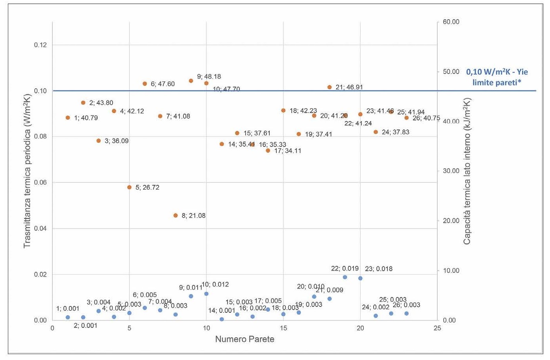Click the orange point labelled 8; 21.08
click(x=176, y=216)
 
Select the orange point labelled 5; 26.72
click(x=130, y=187)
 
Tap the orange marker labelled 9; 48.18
click(x=191, y=81)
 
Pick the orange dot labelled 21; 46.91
click(x=330, y=87)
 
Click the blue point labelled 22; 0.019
click(x=345, y=277)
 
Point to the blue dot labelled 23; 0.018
click(x=360, y=278)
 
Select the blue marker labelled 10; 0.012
click(x=206, y=294)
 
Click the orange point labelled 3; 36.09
click(x=99, y=141)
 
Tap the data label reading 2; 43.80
click(x=101, y=103)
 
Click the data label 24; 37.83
click(x=395, y=132)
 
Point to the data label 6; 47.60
click(x=163, y=84)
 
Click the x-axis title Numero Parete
click(x=244, y=339)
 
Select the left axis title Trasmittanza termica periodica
click(x=27, y=171)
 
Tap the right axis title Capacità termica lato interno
click(x=467, y=171)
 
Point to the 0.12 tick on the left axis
click(x=41, y=45)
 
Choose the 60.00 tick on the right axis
click(x=451, y=22)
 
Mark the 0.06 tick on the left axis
click(x=41, y=183)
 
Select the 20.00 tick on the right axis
click(x=451, y=221)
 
